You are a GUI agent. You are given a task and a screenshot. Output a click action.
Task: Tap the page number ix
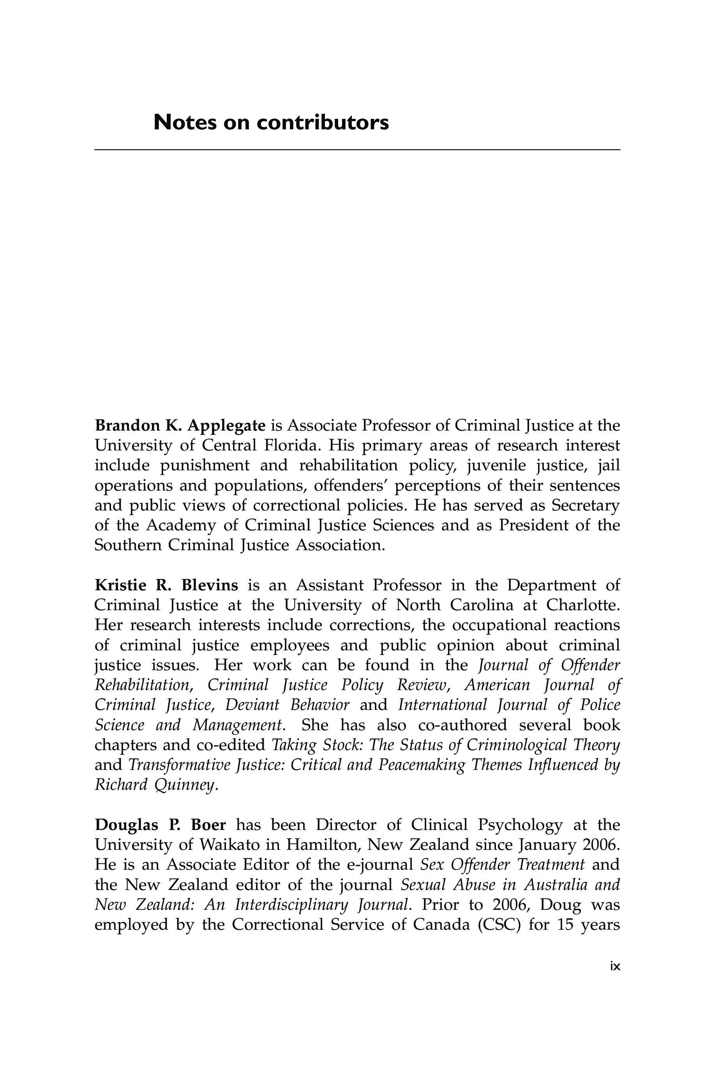(x=615, y=966)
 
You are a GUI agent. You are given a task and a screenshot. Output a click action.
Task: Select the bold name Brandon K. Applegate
(x=180, y=426)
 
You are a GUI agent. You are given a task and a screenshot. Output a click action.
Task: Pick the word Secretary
(x=585, y=505)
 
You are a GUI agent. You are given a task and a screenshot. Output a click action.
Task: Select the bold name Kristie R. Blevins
(x=166, y=585)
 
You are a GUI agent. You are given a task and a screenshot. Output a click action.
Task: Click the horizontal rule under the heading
(x=357, y=150)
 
